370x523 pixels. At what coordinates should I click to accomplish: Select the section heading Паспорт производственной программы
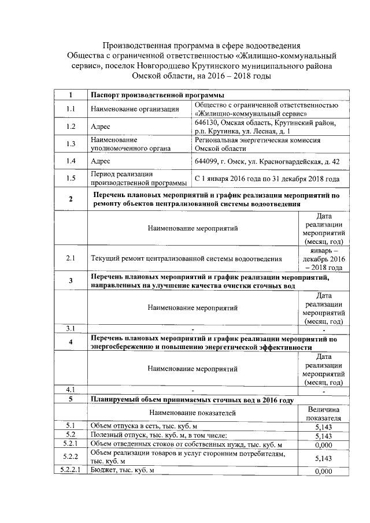[x=156, y=95]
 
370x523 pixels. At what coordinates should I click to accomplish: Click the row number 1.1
[x=71, y=109]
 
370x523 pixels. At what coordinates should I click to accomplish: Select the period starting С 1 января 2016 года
[x=267, y=179]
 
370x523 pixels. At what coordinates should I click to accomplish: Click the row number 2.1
[x=71, y=258]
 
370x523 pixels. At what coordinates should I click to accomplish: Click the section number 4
[x=71, y=342]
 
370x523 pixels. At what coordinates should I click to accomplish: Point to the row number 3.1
[x=71, y=329]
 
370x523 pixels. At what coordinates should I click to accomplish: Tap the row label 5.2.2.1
[x=71, y=471]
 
